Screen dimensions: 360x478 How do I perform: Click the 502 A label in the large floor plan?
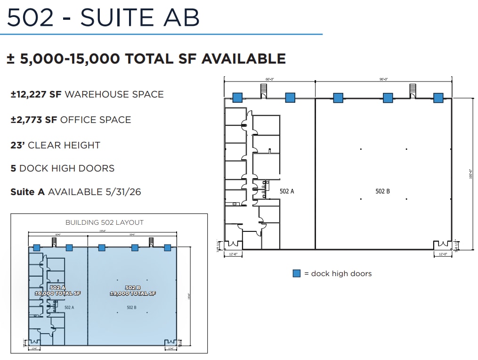tap(287, 191)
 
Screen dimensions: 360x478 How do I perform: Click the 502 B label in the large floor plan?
tap(382, 191)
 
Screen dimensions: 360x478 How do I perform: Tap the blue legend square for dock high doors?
tap(297, 273)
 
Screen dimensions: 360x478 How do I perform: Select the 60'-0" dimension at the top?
tap(269, 79)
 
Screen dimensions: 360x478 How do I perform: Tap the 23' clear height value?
tap(17, 145)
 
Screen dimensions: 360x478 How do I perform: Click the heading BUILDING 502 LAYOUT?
tap(105, 222)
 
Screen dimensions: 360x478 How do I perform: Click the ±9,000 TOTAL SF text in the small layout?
tap(133, 294)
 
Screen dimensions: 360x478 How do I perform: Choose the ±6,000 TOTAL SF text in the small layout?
tap(58, 294)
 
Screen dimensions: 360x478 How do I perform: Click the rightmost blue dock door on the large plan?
tap(438, 98)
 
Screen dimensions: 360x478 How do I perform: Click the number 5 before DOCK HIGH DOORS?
tap(13, 168)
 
